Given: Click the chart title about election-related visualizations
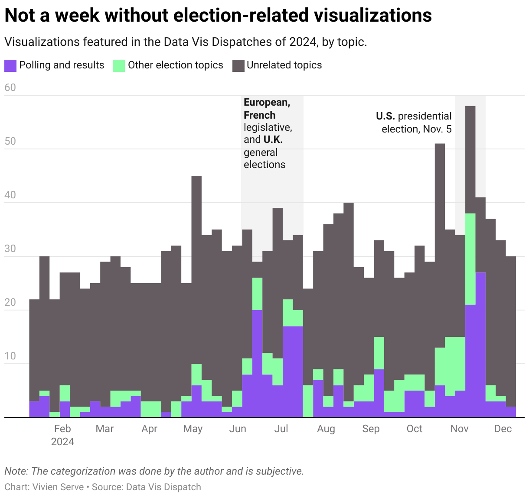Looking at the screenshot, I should coord(218,16).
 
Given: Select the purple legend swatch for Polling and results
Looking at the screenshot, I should coord(10,65).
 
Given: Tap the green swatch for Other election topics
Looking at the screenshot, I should coord(118,65).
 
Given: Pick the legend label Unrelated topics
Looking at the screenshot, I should coord(284,65).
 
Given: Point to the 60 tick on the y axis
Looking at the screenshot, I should coord(10,87).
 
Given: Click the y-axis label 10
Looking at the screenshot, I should coord(10,356).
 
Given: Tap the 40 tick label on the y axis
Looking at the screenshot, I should coord(10,195).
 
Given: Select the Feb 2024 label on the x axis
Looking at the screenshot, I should coord(62,435).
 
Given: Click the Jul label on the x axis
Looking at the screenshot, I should coord(281,429).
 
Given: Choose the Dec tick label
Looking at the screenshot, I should coord(503,429).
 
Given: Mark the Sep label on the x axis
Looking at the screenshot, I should coord(371,429).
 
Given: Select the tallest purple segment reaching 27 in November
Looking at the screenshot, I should coord(480,346).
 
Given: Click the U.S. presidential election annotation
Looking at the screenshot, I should coord(414,123).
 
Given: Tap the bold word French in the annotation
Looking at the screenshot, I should coord(259,115).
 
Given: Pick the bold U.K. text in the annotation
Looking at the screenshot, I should coord(273,139).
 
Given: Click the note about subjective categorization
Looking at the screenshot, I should coord(154,471).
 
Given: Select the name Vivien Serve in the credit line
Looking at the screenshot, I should coord(58,487).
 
